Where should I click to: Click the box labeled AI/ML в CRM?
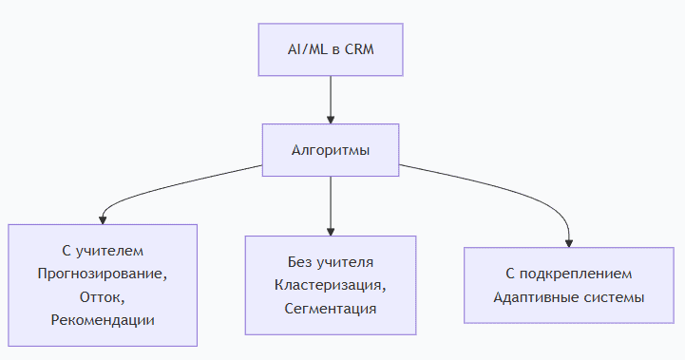coord(331,49)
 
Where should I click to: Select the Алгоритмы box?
coord(331,150)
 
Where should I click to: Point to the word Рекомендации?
coord(103,320)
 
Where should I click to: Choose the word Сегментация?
coord(331,309)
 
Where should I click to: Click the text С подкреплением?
coord(569,274)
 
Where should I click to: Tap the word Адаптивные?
coord(530,297)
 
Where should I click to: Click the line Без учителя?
coord(331,262)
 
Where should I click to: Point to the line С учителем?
coord(103,251)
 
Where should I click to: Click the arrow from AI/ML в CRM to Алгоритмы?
coord(331,100)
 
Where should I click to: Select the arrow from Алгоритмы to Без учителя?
coord(331,206)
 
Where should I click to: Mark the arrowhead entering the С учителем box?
coord(103,220)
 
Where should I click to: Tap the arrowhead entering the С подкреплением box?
coord(569,244)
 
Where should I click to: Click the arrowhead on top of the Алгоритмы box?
coord(331,120)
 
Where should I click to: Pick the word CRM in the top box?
coord(359,49)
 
